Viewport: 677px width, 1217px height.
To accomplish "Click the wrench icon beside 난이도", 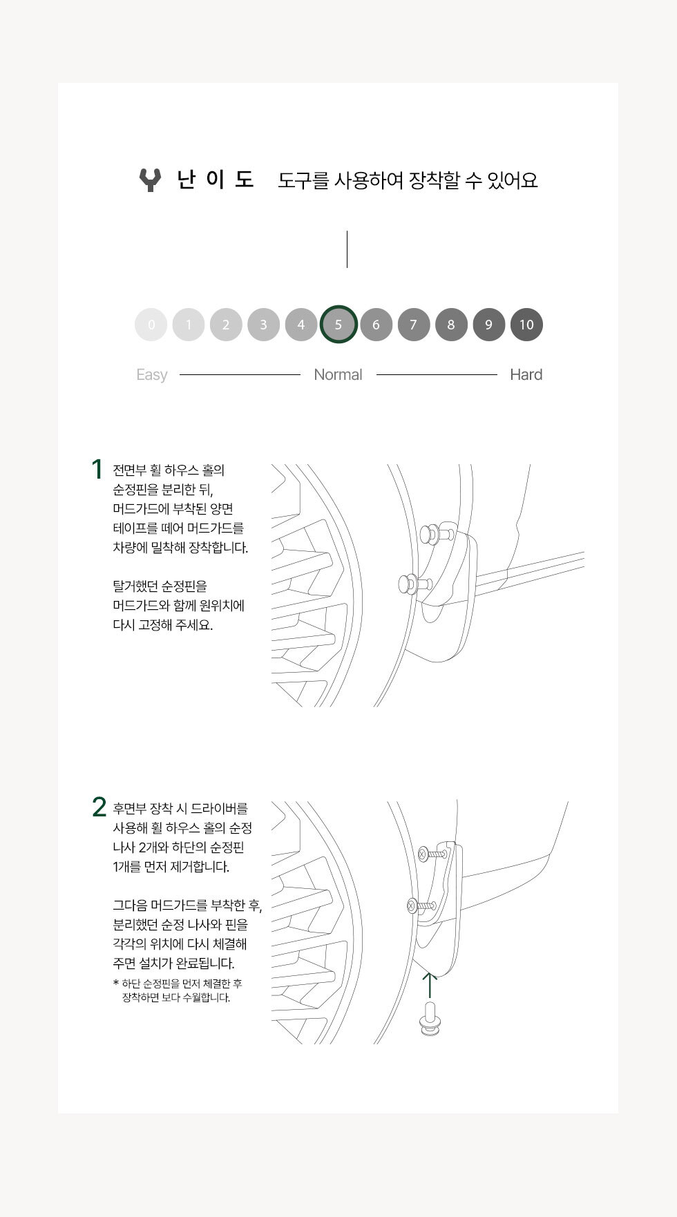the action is tap(150, 180).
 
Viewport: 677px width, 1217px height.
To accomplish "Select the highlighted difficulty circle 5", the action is tap(338, 325).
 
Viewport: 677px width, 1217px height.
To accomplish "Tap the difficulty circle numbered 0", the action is tap(151, 325).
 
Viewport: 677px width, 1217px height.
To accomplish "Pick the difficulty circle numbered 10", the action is tap(526, 325).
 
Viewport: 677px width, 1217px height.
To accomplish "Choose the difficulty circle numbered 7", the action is tap(414, 325).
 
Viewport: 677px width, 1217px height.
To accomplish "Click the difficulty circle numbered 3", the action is tap(263, 325).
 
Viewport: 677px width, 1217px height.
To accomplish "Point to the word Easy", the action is tap(152, 375).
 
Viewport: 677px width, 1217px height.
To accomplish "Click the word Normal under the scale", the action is tap(338, 374).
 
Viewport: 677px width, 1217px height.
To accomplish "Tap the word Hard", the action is tap(526, 374).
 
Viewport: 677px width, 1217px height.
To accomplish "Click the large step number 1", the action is tap(97, 470).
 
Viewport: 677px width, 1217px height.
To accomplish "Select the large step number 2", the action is tap(99, 807).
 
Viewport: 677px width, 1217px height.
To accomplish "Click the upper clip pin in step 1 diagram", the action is tap(435, 534).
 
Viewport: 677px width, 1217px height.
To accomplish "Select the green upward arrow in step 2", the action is tap(430, 985).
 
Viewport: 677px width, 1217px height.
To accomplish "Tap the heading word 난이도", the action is tap(216, 180).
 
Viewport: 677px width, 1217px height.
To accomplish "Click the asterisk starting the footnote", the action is tap(115, 983).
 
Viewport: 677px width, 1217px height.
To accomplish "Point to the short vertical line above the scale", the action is tap(347, 249).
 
